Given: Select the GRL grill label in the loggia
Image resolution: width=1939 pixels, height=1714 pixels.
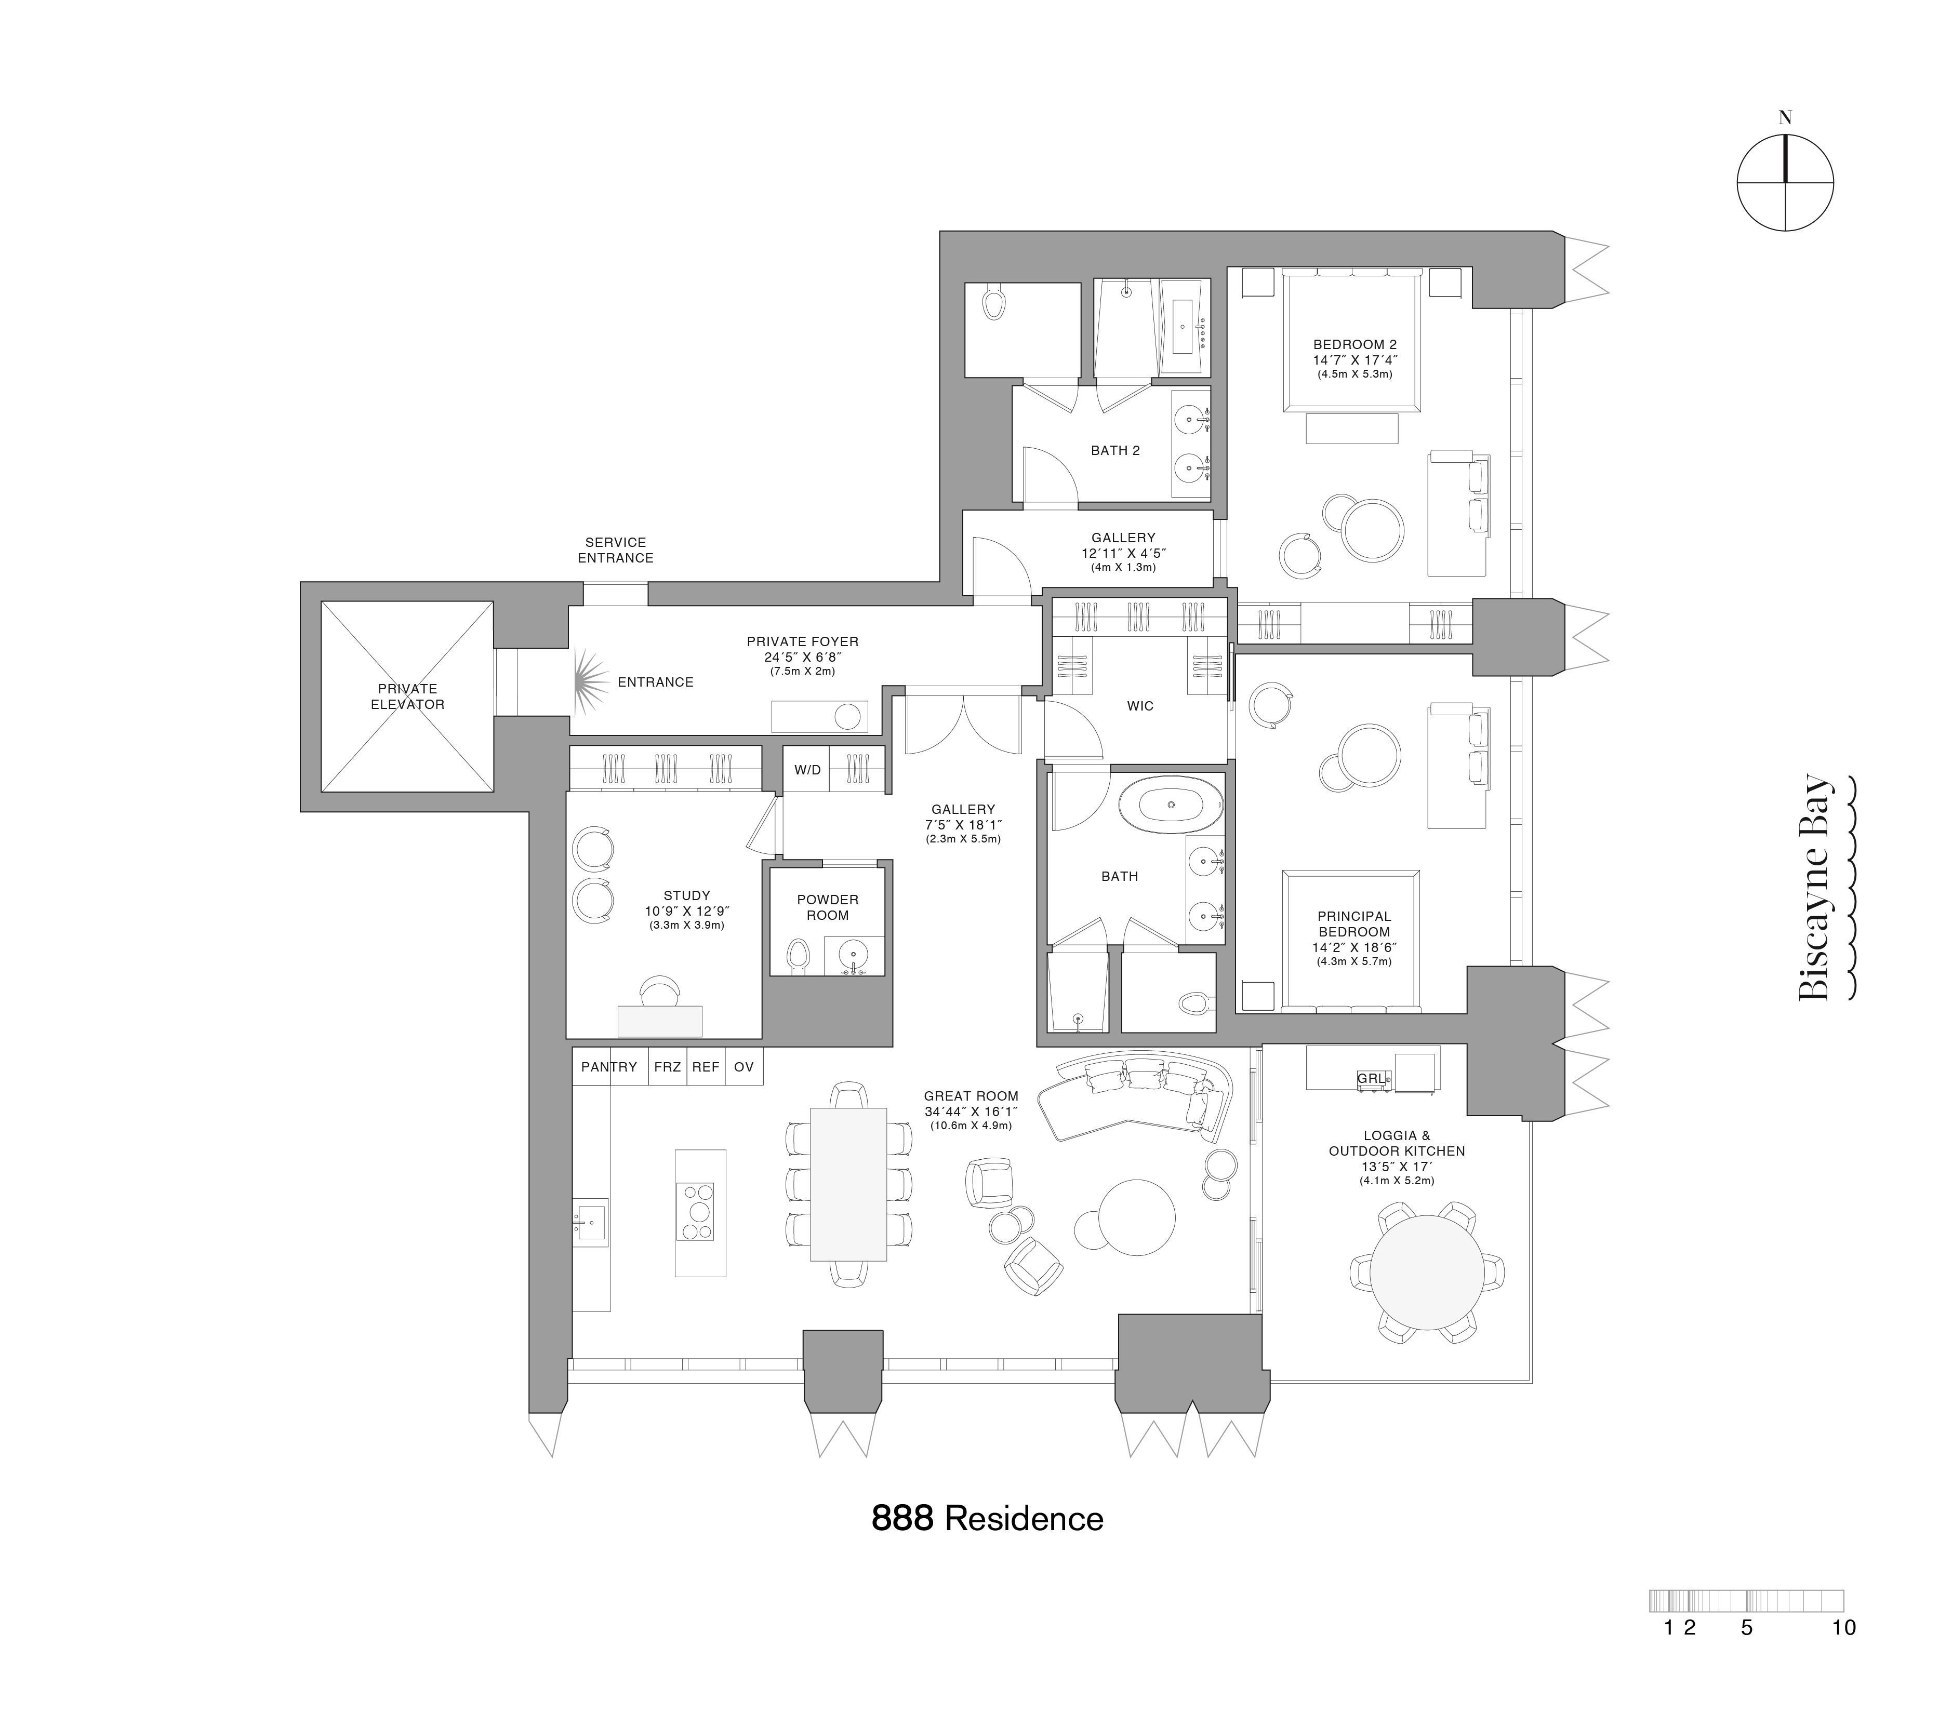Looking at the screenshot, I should coord(1371,1078).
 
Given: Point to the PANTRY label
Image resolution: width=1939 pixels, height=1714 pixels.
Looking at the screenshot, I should coord(609,1067).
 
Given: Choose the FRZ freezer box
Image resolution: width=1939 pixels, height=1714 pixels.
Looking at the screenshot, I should coord(667,1067).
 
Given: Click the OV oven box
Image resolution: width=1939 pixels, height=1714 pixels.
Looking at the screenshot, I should coord(743,1067).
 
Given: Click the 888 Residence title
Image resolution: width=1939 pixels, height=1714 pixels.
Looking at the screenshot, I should coord(987,1519).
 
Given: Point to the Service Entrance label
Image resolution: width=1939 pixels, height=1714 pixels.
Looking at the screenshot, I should coord(616,550).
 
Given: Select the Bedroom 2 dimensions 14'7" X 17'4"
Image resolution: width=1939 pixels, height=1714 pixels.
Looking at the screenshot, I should coord(1354,360).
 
